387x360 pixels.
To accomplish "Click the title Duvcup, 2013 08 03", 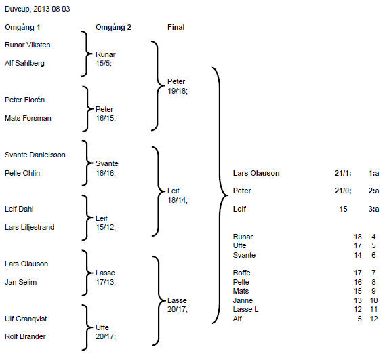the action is click(x=37, y=9).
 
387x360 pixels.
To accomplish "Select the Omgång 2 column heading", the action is click(x=113, y=27).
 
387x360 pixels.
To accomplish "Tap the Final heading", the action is click(x=176, y=27).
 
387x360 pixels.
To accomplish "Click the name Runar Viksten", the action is click(x=28, y=45).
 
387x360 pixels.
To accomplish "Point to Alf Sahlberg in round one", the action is click(x=24, y=63).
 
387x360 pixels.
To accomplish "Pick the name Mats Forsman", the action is click(x=28, y=118).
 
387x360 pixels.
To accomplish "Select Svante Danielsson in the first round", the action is click(x=35, y=155).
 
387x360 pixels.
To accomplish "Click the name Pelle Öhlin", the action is click(x=22, y=173).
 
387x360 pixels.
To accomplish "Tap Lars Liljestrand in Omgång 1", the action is click(x=29, y=227).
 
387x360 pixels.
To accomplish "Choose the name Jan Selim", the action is click(x=21, y=282).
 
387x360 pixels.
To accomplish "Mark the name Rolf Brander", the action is click(x=25, y=336).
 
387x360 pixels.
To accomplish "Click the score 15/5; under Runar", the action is click(x=104, y=63).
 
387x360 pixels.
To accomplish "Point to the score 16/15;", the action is click(x=106, y=118).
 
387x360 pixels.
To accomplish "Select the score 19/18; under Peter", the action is click(x=178, y=91).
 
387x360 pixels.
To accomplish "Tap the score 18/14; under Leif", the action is click(x=178, y=200).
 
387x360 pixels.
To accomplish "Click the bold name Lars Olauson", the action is click(x=256, y=173).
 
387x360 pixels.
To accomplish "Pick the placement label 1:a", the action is click(x=373, y=173).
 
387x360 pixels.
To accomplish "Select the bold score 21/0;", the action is click(x=343, y=191).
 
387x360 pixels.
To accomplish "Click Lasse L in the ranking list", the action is click(x=245, y=309).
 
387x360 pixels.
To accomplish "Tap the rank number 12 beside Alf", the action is click(x=374, y=319).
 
